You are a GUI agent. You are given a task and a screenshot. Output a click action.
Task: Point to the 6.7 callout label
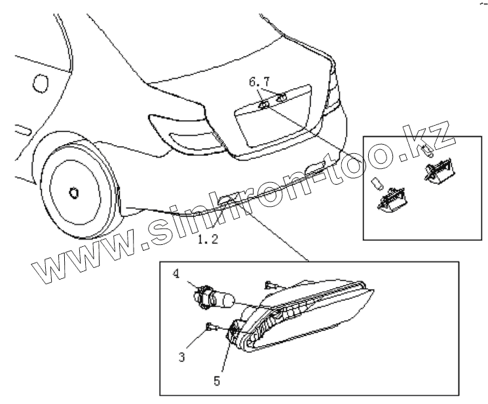(x=259, y=82)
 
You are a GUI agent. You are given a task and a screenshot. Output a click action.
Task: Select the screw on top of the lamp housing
(x=270, y=285)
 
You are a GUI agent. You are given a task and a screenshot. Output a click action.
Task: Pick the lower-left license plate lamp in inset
(x=390, y=198)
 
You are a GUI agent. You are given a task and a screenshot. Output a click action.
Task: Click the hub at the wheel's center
(x=74, y=193)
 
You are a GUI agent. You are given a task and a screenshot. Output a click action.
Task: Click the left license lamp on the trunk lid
(x=263, y=104)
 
